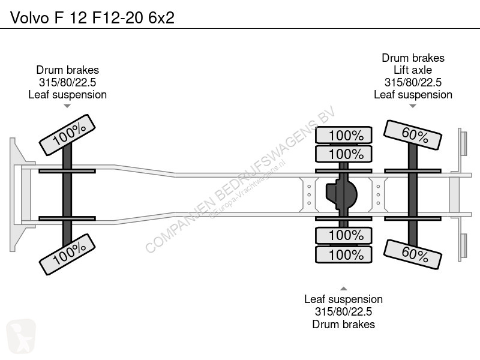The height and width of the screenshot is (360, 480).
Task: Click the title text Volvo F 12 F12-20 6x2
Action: pyautogui.click(x=92, y=18)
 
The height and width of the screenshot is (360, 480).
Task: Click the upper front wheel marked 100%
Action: pyautogui.click(x=67, y=135)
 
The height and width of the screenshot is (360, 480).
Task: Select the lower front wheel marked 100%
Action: pyautogui.click(x=67, y=254)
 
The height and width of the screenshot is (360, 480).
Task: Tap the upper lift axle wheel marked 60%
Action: pyautogui.click(x=413, y=135)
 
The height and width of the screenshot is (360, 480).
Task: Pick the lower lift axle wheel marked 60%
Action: pyautogui.click(x=413, y=254)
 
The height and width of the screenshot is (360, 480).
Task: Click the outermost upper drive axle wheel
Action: pyautogui.click(x=344, y=135)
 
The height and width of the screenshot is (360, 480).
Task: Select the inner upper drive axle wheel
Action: pyautogui.click(x=344, y=154)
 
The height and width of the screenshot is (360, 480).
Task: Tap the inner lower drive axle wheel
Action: pyautogui.click(x=344, y=235)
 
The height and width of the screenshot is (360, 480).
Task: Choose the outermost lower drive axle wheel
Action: pyautogui.click(x=344, y=254)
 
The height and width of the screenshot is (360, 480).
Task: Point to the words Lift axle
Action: pyautogui.click(x=413, y=70)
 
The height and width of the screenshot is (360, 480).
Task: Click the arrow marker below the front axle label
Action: pyautogui.click(x=67, y=106)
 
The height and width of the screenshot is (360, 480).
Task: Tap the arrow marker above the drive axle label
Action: pyautogui.click(x=344, y=289)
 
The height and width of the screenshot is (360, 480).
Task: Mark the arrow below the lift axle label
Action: pyautogui.click(x=413, y=106)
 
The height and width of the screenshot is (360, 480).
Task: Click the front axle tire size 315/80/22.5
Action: pyautogui.click(x=67, y=82)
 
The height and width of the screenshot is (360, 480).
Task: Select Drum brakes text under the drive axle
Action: pyautogui.click(x=343, y=324)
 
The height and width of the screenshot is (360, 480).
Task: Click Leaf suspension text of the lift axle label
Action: pyautogui.click(x=413, y=95)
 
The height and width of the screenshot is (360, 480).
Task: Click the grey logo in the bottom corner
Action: pyautogui.click(x=21, y=336)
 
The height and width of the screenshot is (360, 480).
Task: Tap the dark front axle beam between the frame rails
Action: pyautogui.click(x=67, y=194)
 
